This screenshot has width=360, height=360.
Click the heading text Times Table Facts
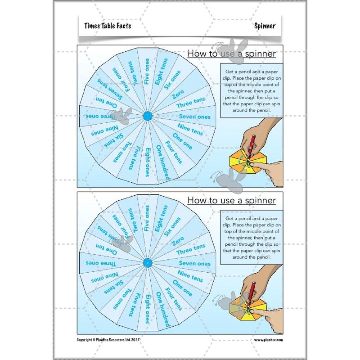click(108, 27)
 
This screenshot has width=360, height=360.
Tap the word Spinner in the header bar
click(264, 27)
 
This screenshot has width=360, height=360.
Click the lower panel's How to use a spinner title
click(231, 200)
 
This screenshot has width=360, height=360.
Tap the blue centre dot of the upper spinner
click(147, 117)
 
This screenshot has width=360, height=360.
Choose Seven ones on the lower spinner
click(194, 264)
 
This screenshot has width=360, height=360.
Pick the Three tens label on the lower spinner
click(191, 248)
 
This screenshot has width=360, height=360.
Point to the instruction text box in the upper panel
click(252, 90)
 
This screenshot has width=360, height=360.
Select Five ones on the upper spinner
click(147, 72)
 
